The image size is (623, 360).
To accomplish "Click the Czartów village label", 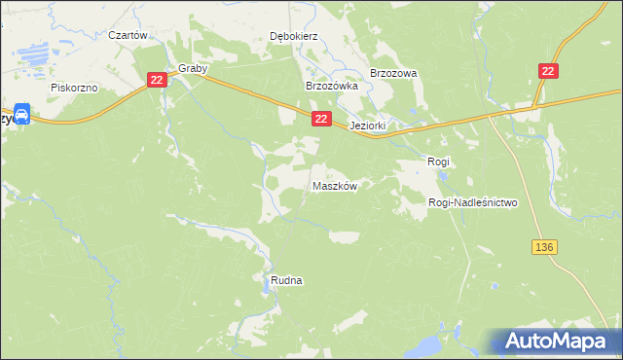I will [x=128, y=34].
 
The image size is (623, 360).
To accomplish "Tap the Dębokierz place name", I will [x=294, y=36].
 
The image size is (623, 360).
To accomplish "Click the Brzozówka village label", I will [x=332, y=86].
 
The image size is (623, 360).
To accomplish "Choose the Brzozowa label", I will [x=393, y=73].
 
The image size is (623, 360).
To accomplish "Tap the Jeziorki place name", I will [x=369, y=126].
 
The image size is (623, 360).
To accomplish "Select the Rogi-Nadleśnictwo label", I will [x=472, y=202].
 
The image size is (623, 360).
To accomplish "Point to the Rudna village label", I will [x=286, y=280].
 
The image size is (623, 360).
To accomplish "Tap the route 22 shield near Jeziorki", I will [x=321, y=118].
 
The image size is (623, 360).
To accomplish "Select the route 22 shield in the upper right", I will [x=549, y=70].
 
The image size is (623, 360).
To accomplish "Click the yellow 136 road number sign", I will [x=543, y=248].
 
